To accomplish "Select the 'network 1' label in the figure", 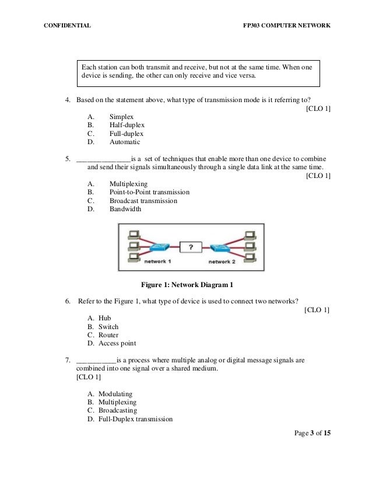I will (157, 262).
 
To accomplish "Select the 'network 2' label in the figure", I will (222, 262).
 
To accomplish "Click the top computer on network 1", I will (133, 235).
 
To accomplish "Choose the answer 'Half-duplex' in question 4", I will (127, 125).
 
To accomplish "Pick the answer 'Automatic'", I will (125, 141).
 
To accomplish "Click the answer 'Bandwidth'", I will (125, 209).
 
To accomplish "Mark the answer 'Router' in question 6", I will (108, 335).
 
